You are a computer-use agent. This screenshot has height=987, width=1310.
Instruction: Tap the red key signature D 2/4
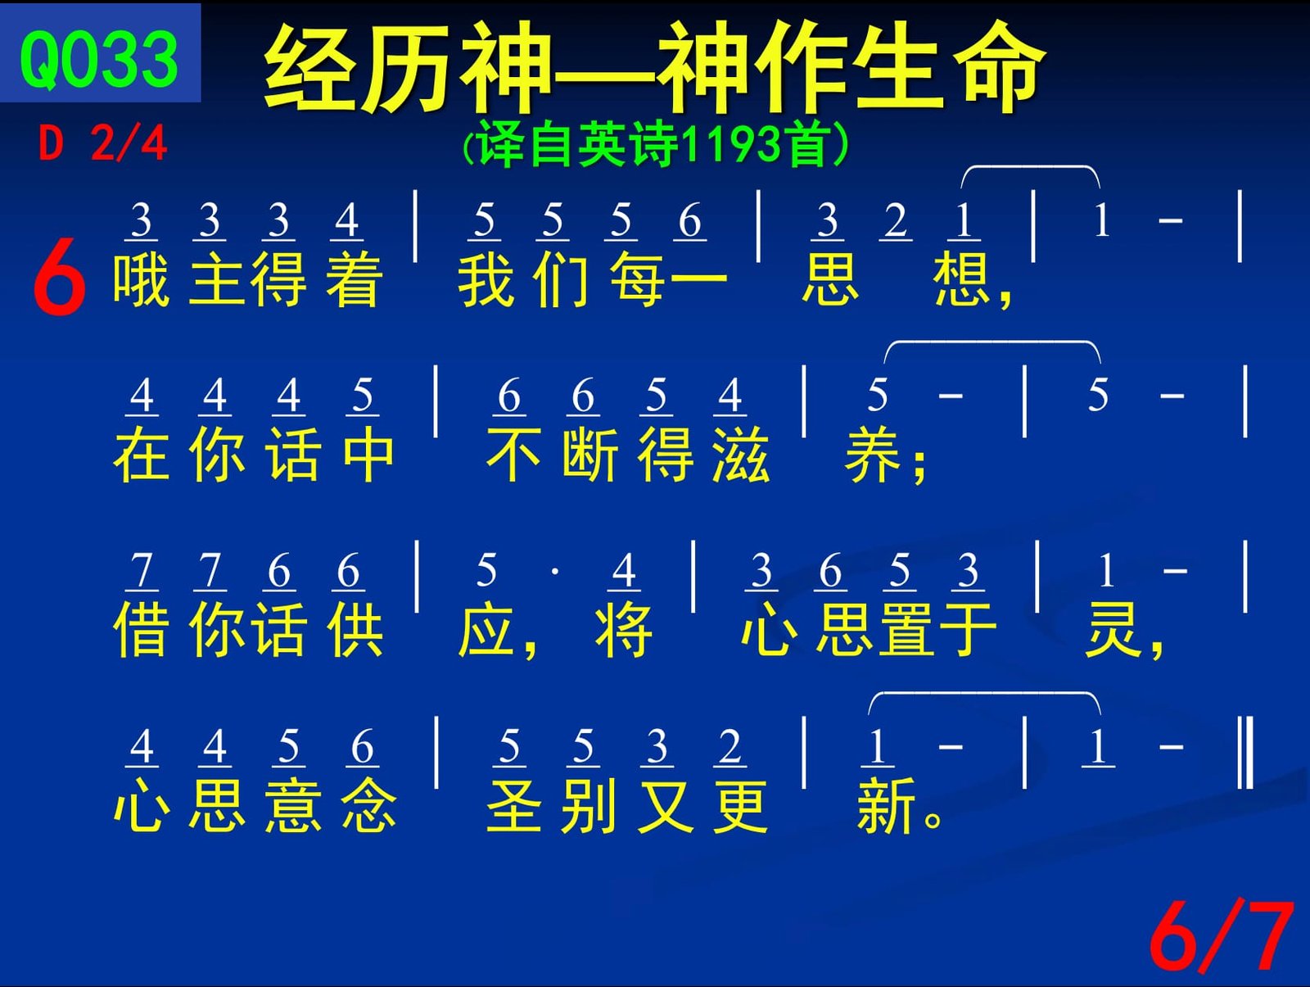[x=102, y=143]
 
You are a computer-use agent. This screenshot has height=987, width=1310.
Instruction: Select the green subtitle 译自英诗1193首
[x=655, y=144]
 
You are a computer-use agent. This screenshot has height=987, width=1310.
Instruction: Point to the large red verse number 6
[x=59, y=276]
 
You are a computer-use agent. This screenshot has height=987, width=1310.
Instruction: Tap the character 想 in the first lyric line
[x=962, y=278]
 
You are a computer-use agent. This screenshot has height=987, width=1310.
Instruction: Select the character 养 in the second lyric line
[x=873, y=455]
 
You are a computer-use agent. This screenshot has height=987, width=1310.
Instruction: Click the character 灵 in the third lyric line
[x=1111, y=629]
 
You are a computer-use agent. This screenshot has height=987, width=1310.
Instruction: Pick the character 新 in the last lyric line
[x=886, y=805]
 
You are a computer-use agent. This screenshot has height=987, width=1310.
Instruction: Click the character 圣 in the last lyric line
[x=514, y=805]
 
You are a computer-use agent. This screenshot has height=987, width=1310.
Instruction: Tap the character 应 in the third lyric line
[x=486, y=629]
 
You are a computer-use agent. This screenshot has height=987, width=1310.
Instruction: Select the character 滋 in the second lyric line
[x=741, y=455]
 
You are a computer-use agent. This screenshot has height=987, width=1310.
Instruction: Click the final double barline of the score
[x=1245, y=753]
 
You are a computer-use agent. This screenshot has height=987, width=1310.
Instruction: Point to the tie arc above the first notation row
[x=1031, y=167]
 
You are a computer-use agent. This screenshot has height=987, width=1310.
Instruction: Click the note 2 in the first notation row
[x=895, y=220]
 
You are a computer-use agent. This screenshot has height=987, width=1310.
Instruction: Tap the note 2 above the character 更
[x=730, y=746]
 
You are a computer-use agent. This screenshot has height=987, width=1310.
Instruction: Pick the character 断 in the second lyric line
[x=589, y=455]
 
